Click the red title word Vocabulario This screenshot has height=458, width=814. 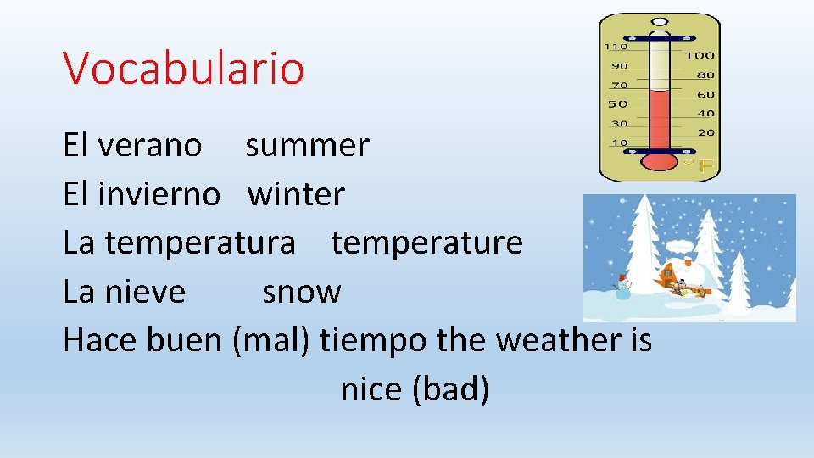click(183, 69)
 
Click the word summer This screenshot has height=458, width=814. click(307, 146)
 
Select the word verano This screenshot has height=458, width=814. click(150, 146)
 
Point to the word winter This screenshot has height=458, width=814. click(296, 195)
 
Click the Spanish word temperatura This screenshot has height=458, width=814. click(200, 243)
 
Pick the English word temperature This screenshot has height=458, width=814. click(427, 243)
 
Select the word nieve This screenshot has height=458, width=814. click(145, 293)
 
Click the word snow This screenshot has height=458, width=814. click(301, 293)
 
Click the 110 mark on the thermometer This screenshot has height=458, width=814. click(615, 47)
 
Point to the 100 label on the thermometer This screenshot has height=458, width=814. click(700, 55)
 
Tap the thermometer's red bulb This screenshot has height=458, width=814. click(658, 161)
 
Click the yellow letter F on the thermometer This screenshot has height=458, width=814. click(705, 167)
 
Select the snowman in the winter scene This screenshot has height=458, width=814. click(624, 288)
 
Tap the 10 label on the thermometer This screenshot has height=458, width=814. click(619, 142)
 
